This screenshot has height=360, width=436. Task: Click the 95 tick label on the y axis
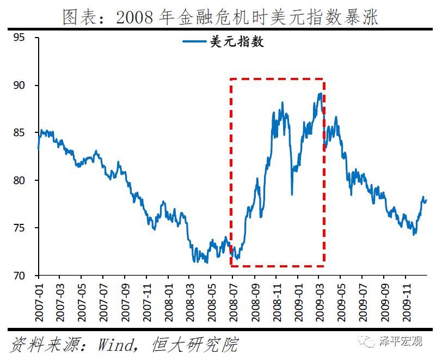[20, 38]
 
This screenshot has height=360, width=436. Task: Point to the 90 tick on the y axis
[20, 86]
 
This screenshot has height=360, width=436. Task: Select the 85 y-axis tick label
[20, 133]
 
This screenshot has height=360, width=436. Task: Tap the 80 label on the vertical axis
[20, 180]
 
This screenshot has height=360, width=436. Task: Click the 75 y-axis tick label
[20, 228]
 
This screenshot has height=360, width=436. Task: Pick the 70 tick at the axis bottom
[20, 276]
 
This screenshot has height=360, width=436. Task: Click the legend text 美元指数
[237, 41]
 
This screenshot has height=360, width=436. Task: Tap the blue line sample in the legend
[194, 41]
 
